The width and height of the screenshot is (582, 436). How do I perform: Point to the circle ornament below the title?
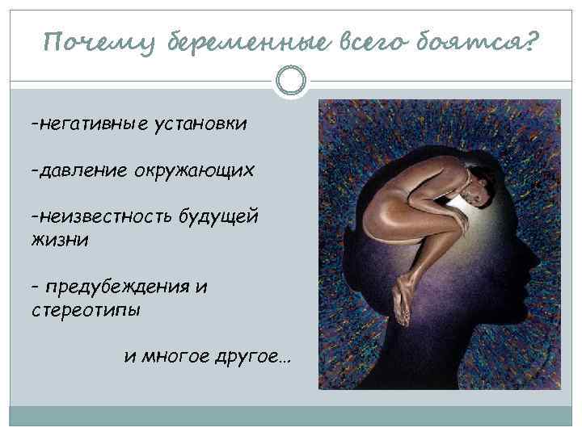pyautogui.click(x=291, y=81)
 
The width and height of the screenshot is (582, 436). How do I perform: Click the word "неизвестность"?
pyautogui.click(x=105, y=218)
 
